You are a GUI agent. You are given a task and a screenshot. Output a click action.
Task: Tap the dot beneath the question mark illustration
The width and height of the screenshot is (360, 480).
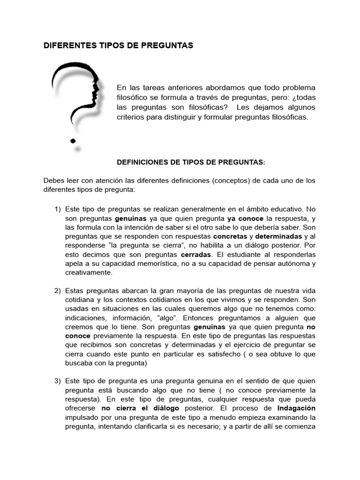tap(73, 140)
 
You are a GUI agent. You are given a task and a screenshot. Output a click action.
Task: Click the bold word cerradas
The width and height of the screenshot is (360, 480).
tap(196, 254)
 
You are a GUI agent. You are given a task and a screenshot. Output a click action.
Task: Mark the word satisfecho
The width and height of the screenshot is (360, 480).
tap(249, 354)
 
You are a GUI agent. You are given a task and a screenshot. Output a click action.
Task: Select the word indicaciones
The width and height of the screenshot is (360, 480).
tap(86, 318)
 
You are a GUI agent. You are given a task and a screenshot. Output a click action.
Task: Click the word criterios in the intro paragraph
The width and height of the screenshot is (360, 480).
tap(133, 117)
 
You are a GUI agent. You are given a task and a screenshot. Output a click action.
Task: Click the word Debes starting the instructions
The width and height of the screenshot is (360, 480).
tap(54, 180)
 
